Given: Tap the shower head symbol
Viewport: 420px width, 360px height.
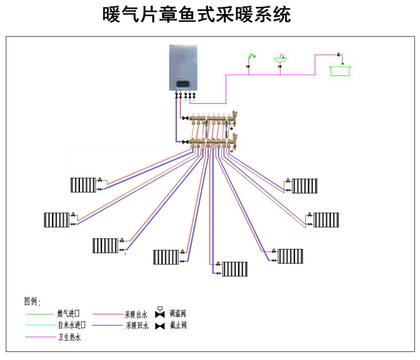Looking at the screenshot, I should (x=252, y=55).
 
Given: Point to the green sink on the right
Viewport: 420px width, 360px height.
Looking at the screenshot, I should (x=340, y=70).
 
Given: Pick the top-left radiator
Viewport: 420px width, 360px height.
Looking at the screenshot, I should (x=83, y=185).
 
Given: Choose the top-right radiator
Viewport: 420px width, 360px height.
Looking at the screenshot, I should (x=304, y=185).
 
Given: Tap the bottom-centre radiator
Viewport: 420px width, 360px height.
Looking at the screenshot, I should (x=234, y=269).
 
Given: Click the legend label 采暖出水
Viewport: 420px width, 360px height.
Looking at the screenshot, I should (x=136, y=314).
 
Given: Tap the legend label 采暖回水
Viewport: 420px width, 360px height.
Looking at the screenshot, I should (x=136, y=326).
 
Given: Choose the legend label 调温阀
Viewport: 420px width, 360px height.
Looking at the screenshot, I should (x=178, y=314).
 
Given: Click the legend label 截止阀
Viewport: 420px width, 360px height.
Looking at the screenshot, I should (x=178, y=325).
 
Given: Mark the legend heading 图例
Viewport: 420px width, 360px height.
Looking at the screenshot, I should (x=31, y=302).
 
